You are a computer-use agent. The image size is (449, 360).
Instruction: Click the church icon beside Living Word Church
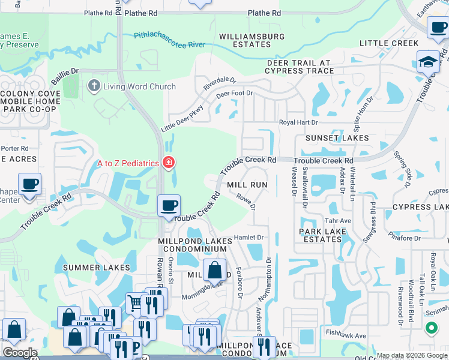(x=94, y=86)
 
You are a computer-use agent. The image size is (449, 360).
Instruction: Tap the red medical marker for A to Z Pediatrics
(x=169, y=163)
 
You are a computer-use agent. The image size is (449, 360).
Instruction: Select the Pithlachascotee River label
(x=170, y=41)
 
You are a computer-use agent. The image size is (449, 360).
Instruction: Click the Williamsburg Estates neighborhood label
(x=252, y=40)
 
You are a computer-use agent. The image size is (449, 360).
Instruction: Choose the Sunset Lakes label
(x=337, y=138)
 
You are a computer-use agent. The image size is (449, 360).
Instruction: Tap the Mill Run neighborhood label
(x=247, y=185)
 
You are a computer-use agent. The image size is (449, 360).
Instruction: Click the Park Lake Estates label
(x=321, y=235)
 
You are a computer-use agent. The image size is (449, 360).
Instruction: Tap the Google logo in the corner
(x=19, y=353)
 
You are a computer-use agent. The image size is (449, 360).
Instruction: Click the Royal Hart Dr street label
(x=298, y=122)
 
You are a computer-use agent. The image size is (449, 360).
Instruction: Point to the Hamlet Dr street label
(x=249, y=238)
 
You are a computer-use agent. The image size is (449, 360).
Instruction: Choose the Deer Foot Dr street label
(x=235, y=94)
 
